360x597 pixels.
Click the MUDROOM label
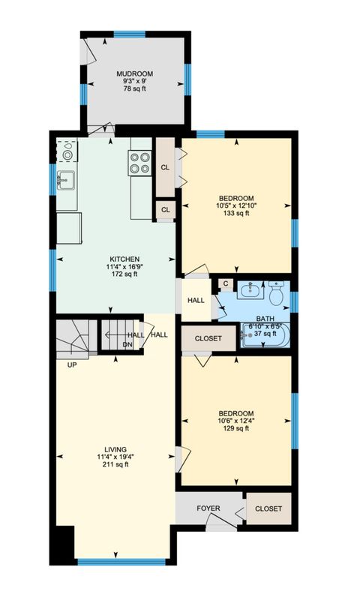point(134,73)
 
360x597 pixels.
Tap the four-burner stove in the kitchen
point(140,163)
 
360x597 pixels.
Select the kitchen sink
point(66,180)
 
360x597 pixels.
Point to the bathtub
point(263,335)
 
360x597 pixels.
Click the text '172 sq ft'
point(112,274)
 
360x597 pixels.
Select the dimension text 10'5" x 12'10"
point(236,205)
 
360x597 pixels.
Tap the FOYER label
point(208,508)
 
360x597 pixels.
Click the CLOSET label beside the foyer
point(268,508)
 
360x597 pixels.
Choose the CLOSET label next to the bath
point(208,338)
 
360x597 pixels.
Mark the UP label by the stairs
point(72,365)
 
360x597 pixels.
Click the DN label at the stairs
point(127,345)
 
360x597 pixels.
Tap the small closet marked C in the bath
point(225,283)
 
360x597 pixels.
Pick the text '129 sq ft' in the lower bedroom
point(236,430)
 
